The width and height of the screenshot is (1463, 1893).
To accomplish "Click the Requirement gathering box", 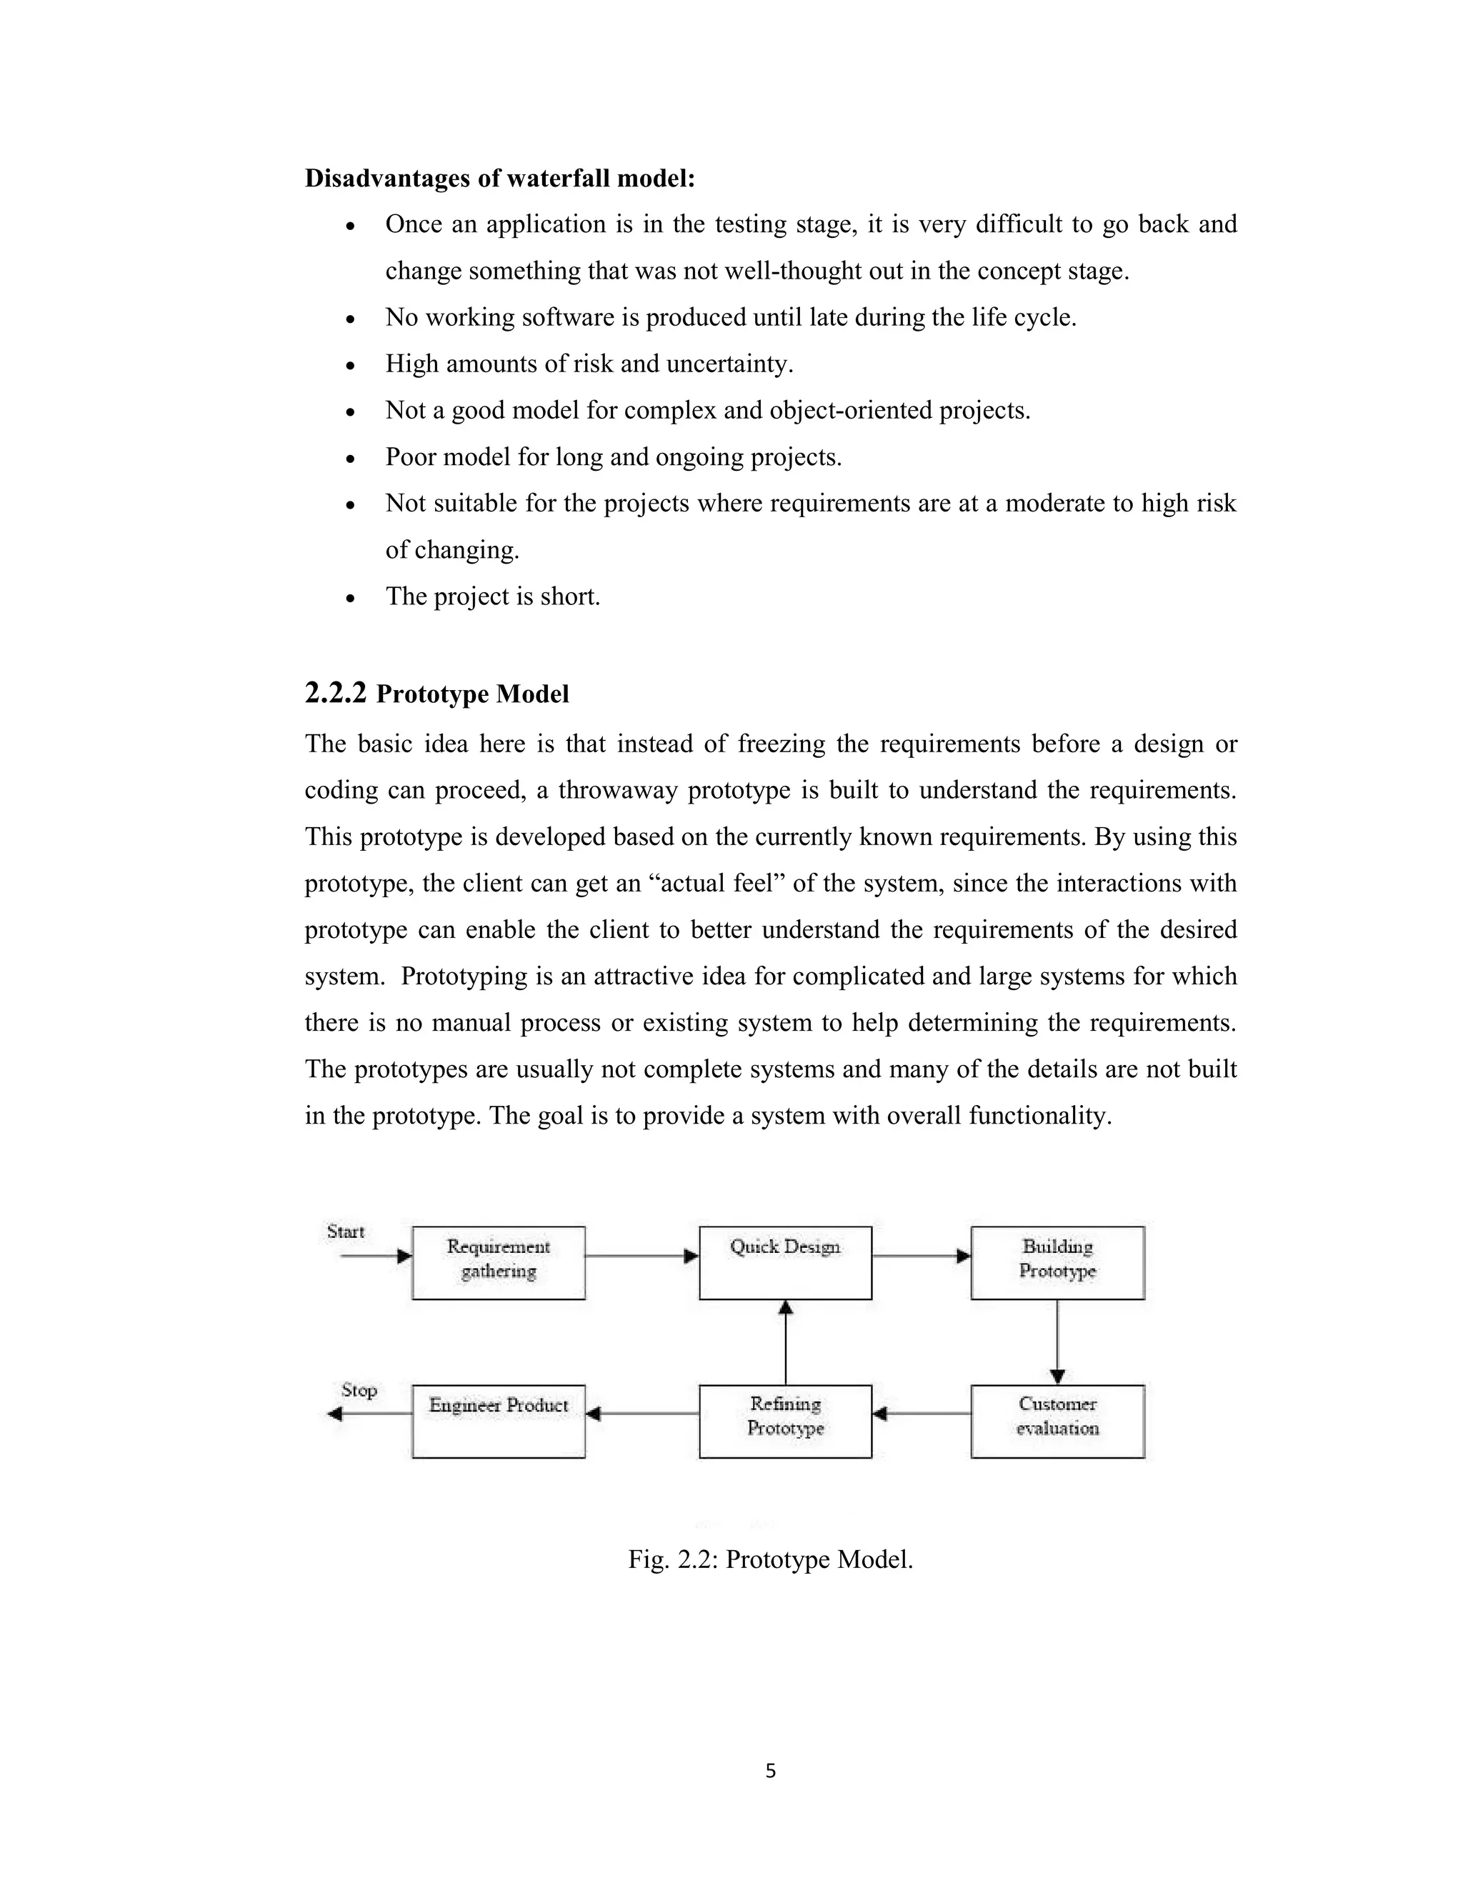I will pyautogui.click(x=499, y=1262).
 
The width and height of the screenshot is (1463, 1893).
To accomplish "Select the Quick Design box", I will pyautogui.click(x=785, y=1262).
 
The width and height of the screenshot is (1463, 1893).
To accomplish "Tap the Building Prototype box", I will pyautogui.click(x=1057, y=1262).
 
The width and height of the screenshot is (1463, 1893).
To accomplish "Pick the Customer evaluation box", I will pyautogui.click(x=1057, y=1421).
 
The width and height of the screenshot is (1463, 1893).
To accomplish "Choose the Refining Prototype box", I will pyautogui.click(x=785, y=1421).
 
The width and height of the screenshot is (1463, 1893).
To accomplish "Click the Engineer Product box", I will pyautogui.click(x=499, y=1421).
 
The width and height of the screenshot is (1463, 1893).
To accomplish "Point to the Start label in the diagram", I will pyautogui.click(x=345, y=1232).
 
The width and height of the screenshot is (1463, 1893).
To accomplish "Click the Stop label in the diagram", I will pyautogui.click(x=358, y=1390).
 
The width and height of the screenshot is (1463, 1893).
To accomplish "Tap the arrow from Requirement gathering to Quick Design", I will pyautogui.click(x=641, y=1256).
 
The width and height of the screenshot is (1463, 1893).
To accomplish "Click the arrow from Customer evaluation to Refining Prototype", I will pyautogui.click(x=922, y=1414).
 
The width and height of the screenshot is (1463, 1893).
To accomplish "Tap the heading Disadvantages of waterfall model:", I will pyautogui.click(x=500, y=179).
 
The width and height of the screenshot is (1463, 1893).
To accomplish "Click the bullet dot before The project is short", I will pyautogui.click(x=350, y=598).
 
